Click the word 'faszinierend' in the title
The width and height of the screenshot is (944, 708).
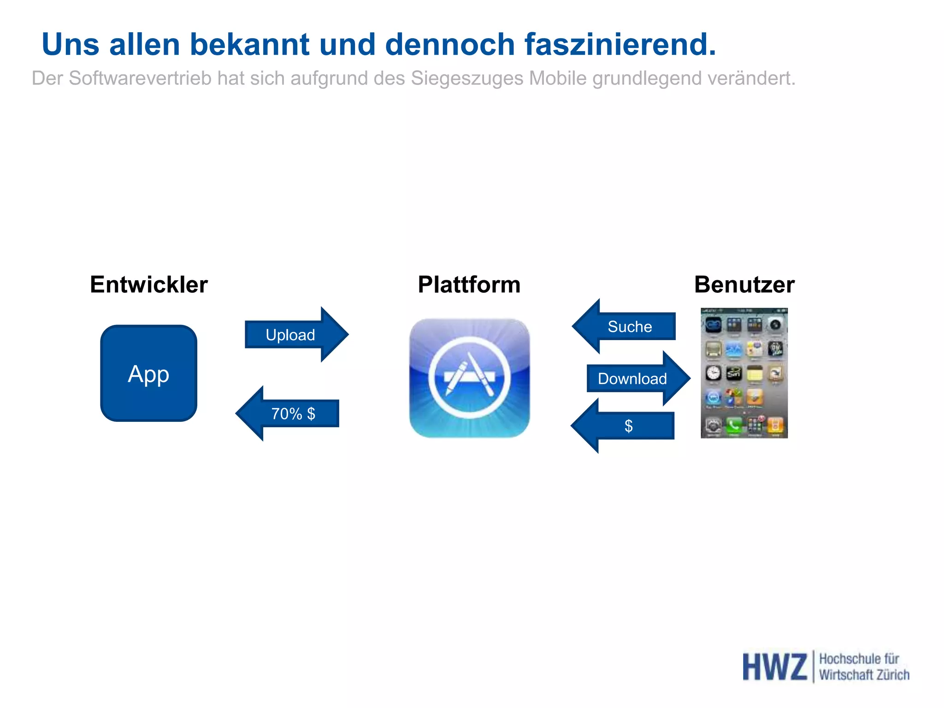[620, 45]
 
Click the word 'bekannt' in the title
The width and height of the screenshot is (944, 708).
[250, 45]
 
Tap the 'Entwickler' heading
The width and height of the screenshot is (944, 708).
[149, 284]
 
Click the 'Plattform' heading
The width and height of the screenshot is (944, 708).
[469, 284]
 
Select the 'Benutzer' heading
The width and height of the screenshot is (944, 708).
[744, 284]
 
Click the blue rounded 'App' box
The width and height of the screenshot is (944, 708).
[148, 373]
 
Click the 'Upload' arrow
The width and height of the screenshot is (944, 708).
[295, 335]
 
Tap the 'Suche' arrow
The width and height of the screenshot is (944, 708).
[627, 326]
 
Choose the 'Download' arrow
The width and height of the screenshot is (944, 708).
[636, 378]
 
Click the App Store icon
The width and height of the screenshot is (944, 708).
[469, 378]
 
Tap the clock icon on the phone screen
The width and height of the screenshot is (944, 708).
[713, 372]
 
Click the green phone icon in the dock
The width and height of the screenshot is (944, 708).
[734, 425]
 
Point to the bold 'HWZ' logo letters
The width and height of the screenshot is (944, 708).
[774, 667]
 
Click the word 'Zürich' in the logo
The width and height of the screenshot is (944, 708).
[892, 675]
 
